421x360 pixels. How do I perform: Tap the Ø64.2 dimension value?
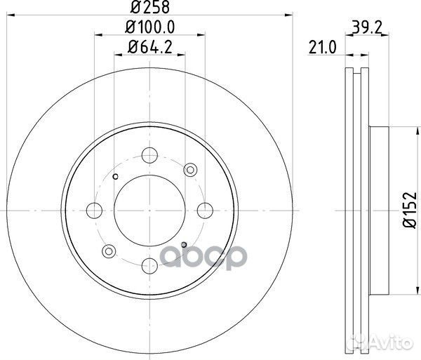point(149,47)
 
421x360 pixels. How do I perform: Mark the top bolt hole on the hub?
point(149,155)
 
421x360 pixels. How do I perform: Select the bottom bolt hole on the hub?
point(149,266)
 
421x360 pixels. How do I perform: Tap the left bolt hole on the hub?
point(94,210)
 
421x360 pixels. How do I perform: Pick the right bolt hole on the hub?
point(205,210)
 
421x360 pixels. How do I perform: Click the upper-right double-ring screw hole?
point(189,169)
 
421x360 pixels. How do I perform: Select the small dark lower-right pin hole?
point(184,244)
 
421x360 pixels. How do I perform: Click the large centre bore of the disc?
point(149,210)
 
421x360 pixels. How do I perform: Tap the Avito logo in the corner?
point(390,342)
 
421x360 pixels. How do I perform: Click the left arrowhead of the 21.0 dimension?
point(347,55)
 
